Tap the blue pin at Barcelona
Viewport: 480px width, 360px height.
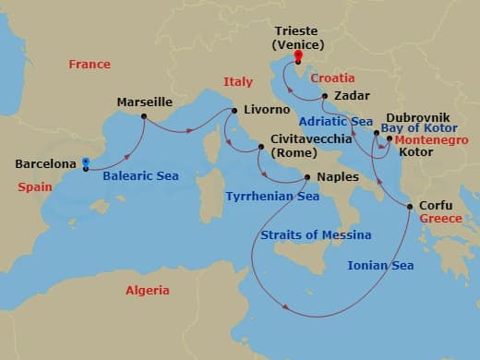(85, 163)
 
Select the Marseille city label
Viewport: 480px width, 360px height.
(145, 102)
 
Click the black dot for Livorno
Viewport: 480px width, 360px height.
(234, 112)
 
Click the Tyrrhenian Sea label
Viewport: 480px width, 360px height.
(272, 197)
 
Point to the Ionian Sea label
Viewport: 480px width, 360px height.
(380, 266)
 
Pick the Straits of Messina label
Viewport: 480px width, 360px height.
(316, 235)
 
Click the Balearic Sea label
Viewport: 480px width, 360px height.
(140, 175)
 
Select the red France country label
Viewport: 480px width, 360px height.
(90, 65)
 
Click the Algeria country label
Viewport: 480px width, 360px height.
(148, 291)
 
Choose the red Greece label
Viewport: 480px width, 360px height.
(439, 219)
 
